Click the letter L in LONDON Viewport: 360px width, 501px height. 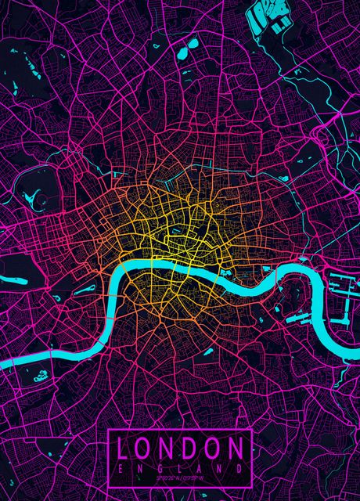click(x=124, y=448)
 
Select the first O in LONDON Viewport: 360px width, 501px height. click(x=146, y=448)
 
